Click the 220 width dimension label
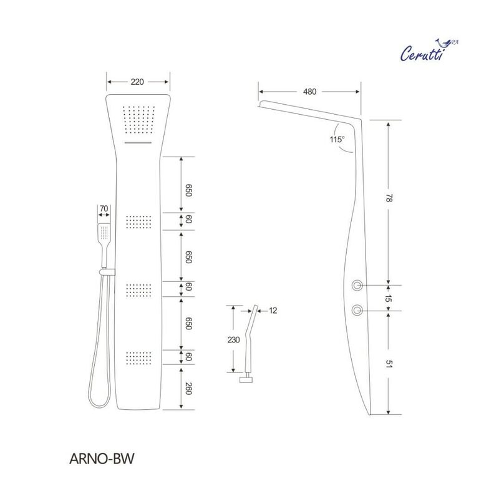(x=137, y=82)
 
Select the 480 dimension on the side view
(x=309, y=92)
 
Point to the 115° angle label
(x=337, y=139)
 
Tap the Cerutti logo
(x=429, y=51)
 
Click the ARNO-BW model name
(x=102, y=458)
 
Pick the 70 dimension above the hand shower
(x=104, y=208)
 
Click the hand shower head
(x=104, y=231)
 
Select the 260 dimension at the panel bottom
(x=188, y=389)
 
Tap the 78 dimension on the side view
(x=389, y=198)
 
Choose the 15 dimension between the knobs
(x=388, y=298)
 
